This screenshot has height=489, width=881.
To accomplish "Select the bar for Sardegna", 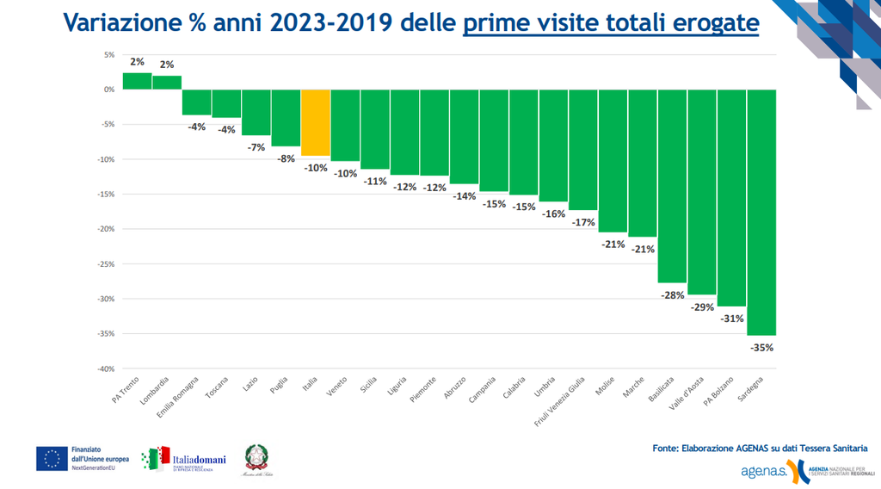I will click(x=762, y=212).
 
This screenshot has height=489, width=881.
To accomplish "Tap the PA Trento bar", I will click(x=137, y=81).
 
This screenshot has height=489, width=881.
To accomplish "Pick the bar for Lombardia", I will click(x=167, y=83).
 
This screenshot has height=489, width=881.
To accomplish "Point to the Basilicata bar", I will click(x=673, y=186).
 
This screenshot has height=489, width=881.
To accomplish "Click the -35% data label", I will click(x=762, y=348).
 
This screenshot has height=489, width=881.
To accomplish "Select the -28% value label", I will click(x=673, y=295).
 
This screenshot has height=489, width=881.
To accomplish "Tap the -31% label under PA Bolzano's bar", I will click(x=732, y=319).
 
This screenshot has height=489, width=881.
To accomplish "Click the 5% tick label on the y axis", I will click(x=108, y=54).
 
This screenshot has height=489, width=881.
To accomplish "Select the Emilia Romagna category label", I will click(x=180, y=396).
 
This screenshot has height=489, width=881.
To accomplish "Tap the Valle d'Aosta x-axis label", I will click(x=688, y=393).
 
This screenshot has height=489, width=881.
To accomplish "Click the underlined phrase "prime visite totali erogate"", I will click(x=611, y=23).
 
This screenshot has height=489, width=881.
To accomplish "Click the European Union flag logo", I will click(x=52, y=459).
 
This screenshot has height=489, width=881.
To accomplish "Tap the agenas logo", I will click(x=763, y=471).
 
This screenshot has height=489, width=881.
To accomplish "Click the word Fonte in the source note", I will click(x=666, y=448).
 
